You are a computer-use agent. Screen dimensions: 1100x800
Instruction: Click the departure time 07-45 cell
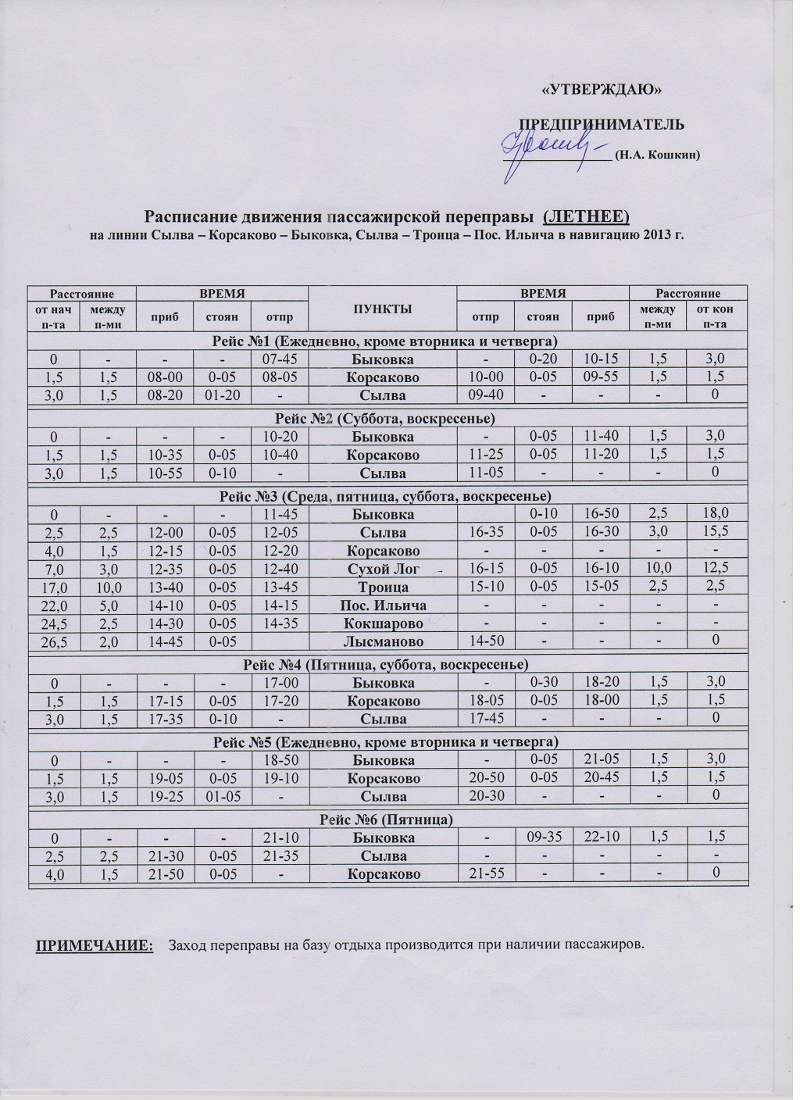pos(280,359)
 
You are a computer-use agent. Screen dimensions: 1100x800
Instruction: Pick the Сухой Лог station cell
pos(383,568)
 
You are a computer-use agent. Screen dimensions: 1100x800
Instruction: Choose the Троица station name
pos(383,586)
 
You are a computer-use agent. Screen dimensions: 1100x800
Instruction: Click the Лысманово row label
pos(383,641)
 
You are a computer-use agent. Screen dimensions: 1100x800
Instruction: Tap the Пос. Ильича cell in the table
pos(383,605)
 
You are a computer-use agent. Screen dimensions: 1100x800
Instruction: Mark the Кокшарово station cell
pos(383,623)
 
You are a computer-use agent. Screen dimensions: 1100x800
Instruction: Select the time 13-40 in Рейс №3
pos(165,586)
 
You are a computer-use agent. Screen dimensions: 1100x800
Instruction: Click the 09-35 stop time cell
pos(543,837)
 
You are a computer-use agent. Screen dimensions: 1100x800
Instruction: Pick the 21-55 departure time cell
pos(484,873)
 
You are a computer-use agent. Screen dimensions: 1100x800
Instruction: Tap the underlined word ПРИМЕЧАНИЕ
pos(95,946)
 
